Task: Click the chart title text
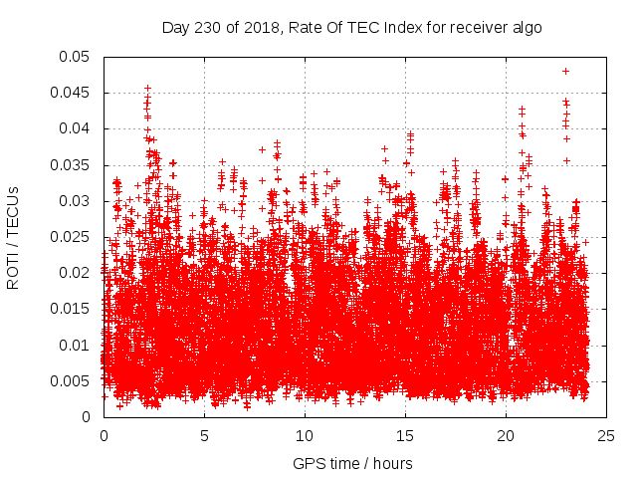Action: coord(352,27)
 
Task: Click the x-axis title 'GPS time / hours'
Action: coord(352,463)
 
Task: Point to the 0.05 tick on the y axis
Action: coord(76,57)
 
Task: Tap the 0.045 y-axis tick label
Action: coord(72,93)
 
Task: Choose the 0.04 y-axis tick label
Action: coord(76,128)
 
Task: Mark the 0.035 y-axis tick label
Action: coord(72,164)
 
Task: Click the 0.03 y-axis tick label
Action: coord(76,201)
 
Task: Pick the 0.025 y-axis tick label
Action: coord(72,237)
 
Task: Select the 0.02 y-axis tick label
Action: coord(76,273)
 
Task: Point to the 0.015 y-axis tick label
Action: coord(72,309)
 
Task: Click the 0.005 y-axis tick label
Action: coord(72,381)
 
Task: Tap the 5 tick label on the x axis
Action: coord(204,435)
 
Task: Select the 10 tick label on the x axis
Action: coord(305,435)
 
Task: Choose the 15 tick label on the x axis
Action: coord(405,435)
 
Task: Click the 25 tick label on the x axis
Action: coord(606,435)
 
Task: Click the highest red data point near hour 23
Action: coord(565,71)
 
